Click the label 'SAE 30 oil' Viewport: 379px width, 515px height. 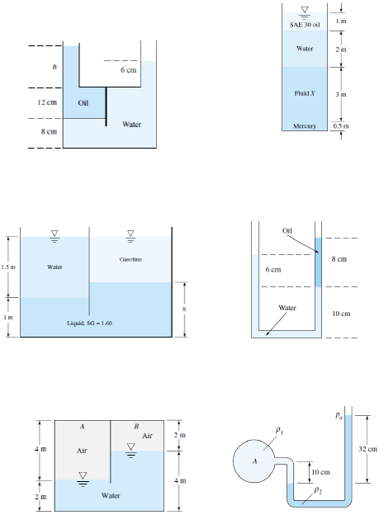pos(305,25)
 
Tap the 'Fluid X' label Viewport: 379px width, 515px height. pos(305,93)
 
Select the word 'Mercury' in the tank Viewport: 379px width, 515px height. pos(305,126)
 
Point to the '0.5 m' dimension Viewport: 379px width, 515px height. pos(341,125)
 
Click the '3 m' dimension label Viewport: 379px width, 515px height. pos(341,94)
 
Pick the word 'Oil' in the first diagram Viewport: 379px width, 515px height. pos(83,103)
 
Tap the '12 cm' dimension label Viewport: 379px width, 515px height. pos(47,102)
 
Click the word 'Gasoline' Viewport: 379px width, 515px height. pos(130,259)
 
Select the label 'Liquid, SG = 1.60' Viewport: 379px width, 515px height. pos(89,324)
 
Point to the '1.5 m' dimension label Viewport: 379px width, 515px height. pos(8,267)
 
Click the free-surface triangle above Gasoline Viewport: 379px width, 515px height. pos(130,234)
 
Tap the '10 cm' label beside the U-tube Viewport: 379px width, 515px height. pos(341,314)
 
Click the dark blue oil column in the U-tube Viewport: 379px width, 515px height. pos(318,262)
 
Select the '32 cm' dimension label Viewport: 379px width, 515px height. pos(367,449)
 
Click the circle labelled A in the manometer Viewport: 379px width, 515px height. pos(253,461)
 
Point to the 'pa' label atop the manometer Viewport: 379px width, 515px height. pos(339,415)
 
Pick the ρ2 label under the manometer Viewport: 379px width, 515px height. pos(317,489)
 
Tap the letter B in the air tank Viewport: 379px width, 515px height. pos(136,427)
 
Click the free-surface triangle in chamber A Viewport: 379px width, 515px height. pos(83,475)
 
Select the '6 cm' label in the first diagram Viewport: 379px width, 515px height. pos(128,70)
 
